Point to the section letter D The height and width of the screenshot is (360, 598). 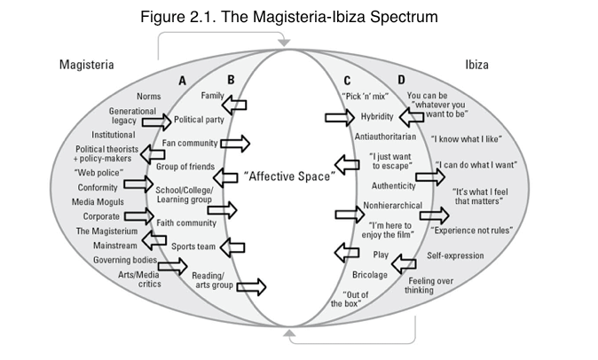pyautogui.click(x=402, y=81)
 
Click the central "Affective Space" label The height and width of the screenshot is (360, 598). pyautogui.click(x=288, y=177)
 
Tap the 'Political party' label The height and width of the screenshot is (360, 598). pyautogui.click(x=198, y=119)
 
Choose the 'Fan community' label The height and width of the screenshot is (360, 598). pyautogui.click(x=190, y=143)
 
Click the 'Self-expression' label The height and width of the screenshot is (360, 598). pyautogui.click(x=455, y=256)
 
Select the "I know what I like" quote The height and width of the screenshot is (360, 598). pyautogui.click(x=463, y=139)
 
